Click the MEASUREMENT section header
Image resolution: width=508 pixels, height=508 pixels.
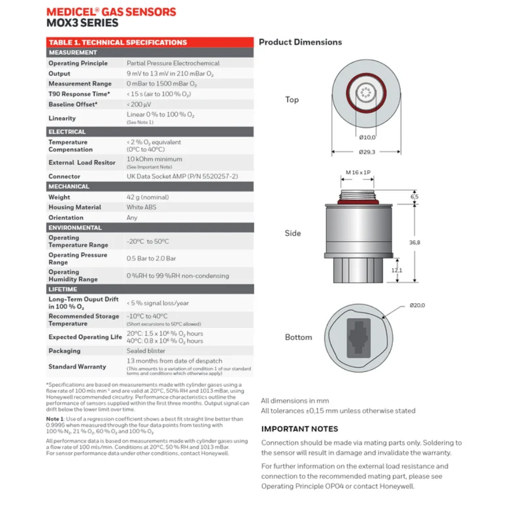[73, 52]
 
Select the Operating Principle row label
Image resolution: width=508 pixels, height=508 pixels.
[78, 63]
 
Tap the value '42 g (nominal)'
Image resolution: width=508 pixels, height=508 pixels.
[148, 197]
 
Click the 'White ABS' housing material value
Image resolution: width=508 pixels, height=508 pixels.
[142, 207]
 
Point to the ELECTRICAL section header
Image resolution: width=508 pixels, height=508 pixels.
[67, 132]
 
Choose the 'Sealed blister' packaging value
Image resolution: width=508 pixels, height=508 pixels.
[146, 351]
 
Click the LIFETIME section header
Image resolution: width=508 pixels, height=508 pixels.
[63, 289]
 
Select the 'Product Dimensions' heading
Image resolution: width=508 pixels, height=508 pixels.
[300, 42]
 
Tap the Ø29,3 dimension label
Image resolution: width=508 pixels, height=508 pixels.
[367, 152]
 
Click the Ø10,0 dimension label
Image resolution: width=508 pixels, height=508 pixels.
[367, 137]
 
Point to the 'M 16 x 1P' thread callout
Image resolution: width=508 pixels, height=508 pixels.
[358, 172]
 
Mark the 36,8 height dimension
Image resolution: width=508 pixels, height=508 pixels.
[415, 242]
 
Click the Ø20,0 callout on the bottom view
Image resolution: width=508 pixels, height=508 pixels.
[417, 305]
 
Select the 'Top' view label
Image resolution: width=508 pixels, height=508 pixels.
[292, 100]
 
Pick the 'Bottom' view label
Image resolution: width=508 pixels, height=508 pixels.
[298, 337]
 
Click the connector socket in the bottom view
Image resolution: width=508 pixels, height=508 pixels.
[358, 337]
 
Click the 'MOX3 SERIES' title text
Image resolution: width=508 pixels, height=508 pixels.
[82, 23]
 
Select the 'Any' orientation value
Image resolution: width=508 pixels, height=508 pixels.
[132, 217]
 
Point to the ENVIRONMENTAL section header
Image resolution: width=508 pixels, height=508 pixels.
[75, 227]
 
